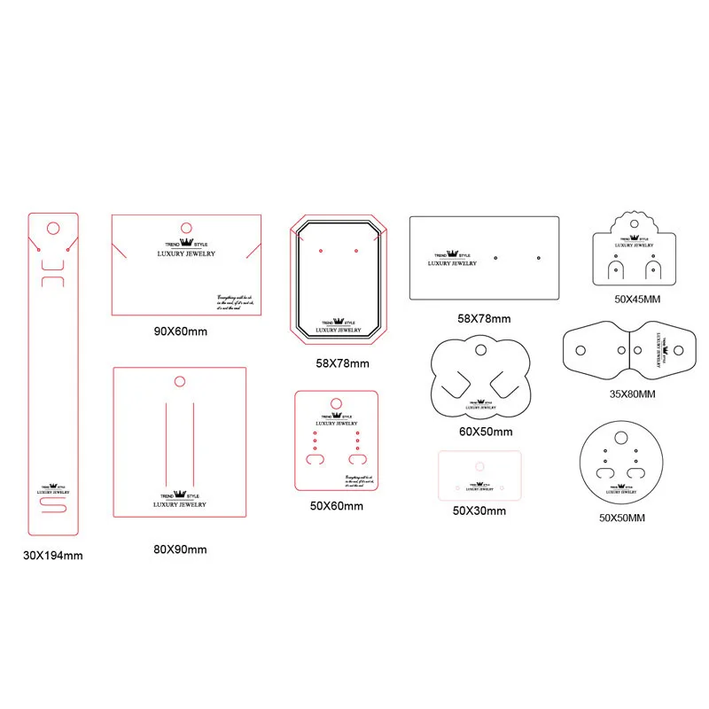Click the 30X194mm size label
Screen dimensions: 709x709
tap(53, 556)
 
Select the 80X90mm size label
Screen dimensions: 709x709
tap(180, 549)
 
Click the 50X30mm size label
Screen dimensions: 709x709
tap(479, 510)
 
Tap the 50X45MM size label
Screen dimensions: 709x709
tap(637, 299)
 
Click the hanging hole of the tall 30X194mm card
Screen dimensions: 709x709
tap(52, 229)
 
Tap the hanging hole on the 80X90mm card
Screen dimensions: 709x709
tap(179, 382)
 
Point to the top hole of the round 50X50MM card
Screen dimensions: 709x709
tap(620, 437)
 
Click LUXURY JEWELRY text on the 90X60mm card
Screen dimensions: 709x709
tap(186, 254)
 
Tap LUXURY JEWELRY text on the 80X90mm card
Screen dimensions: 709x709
tap(180, 504)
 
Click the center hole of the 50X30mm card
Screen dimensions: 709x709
tap(479, 465)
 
